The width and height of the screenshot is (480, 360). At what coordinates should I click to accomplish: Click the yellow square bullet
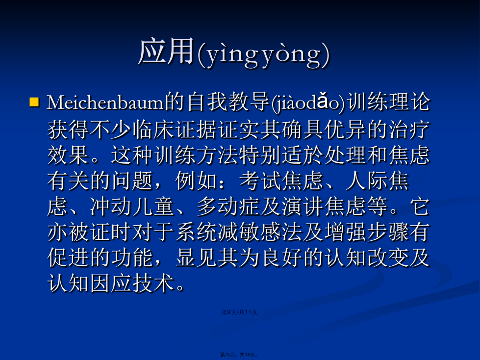click(34, 102)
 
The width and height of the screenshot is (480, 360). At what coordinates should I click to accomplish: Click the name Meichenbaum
click(105, 103)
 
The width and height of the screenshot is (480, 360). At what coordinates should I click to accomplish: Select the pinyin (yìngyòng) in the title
click(264, 54)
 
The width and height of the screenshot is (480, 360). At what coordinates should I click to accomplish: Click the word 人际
click(367, 181)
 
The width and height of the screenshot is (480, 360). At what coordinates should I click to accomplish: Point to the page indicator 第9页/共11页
click(239, 312)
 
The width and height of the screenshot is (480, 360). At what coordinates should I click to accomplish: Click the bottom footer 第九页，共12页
click(239, 355)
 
